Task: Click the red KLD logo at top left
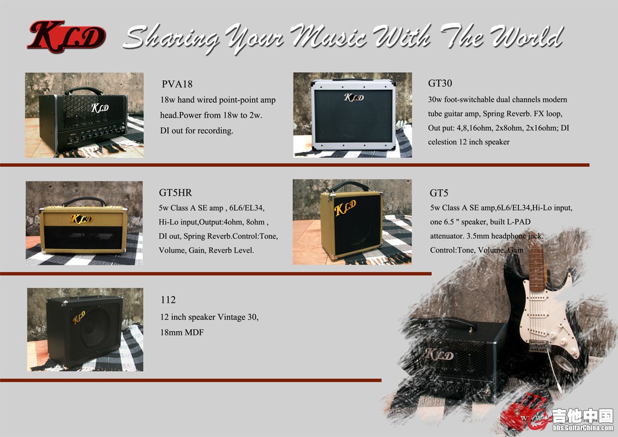coord(67,36)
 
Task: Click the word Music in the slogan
coord(328,35)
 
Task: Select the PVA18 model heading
coord(177,84)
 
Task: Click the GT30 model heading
coord(440,83)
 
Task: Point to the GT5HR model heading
coord(176,193)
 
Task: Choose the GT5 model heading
coord(439,193)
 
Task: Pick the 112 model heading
coord(169,300)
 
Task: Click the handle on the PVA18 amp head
coord(83,90)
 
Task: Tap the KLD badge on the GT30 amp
coord(354,97)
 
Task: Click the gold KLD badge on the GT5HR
coord(82,219)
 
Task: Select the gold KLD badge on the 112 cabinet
coord(79,317)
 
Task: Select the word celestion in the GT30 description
coord(442,142)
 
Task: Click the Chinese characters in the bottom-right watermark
coord(583,416)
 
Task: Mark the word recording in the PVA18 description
coord(215,131)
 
